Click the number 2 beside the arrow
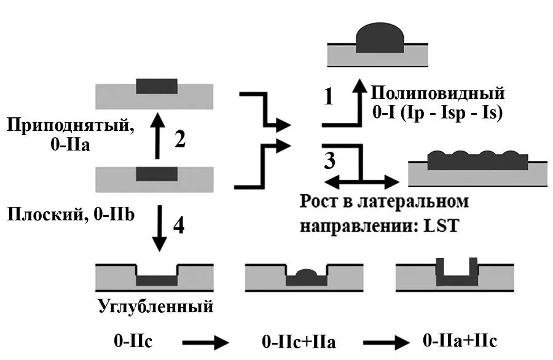[179, 140]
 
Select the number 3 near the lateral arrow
[330, 162]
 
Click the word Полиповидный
[437, 94]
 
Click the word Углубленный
[155, 306]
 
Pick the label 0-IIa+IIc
[461, 341]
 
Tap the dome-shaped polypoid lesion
[380, 37]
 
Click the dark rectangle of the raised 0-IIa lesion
[157, 86]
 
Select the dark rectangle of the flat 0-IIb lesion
[157, 173]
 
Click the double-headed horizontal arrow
[362, 182]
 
